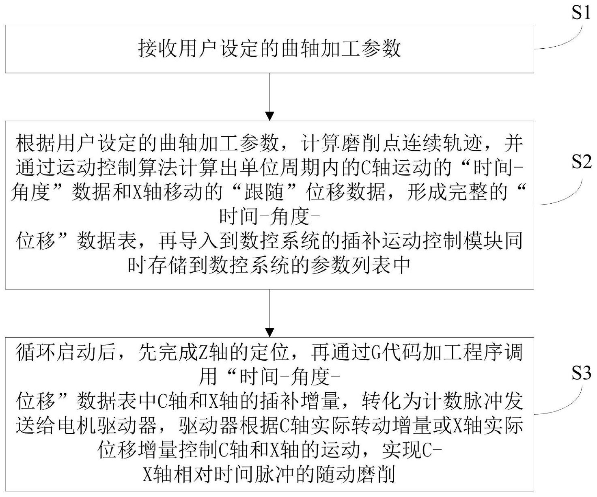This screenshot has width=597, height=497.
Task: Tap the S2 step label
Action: (581, 162)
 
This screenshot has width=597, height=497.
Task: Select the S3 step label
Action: (581, 372)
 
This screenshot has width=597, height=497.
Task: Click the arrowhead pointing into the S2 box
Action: (269, 116)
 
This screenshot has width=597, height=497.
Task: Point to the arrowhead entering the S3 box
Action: (269, 332)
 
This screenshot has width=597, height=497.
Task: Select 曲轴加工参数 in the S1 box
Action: (341, 49)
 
